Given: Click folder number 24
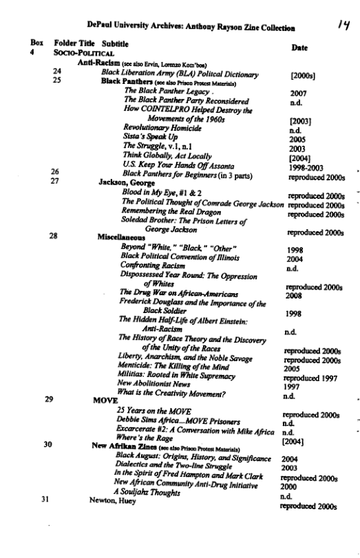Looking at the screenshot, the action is (57, 72).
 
